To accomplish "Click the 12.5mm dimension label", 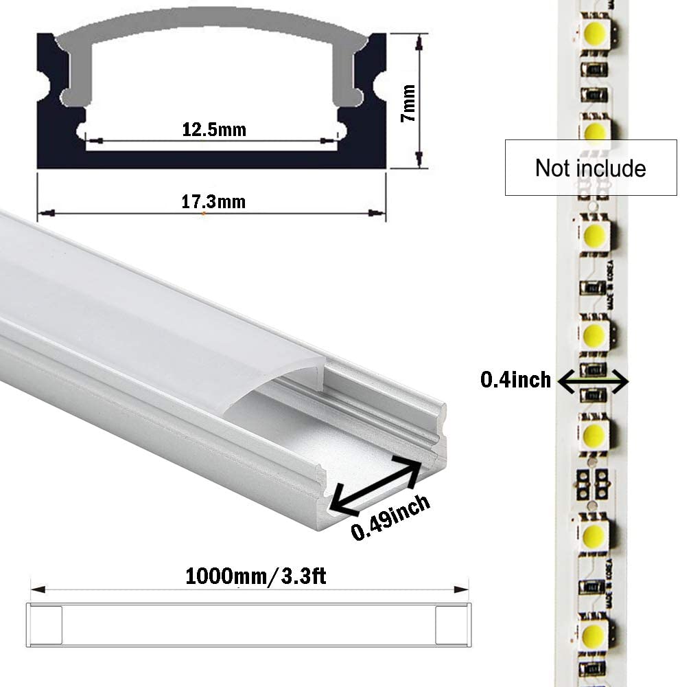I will click(x=213, y=128).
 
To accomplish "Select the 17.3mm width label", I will click(x=213, y=202).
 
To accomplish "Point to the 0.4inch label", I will click(x=515, y=379).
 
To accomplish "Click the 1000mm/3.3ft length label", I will click(x=255, y=575).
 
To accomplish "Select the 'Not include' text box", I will click(x=590, y=168).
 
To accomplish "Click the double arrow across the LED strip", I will click(x=594, y=379).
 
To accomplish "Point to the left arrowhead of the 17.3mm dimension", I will click(x=43, y=213).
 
